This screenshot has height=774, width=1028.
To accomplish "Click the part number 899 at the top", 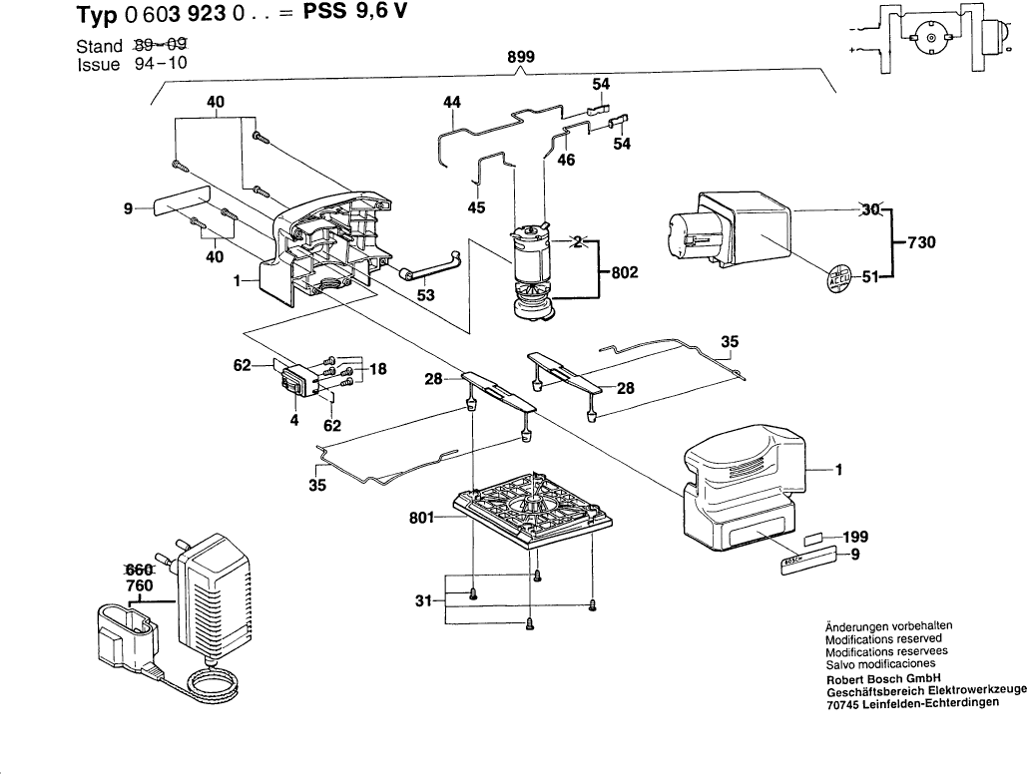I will (x=521, y=58).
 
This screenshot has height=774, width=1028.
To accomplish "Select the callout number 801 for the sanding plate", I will (x=421, y=518).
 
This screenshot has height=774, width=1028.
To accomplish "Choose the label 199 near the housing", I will (x=854, y=537).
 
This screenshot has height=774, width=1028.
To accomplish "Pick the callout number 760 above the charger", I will (x=140, y=585).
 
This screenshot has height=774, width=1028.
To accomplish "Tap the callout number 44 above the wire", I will (x=452, y=102).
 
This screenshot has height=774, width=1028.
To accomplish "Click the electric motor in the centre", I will (x=533, y=269).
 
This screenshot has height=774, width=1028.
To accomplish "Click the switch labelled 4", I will (x=297, y=381).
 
